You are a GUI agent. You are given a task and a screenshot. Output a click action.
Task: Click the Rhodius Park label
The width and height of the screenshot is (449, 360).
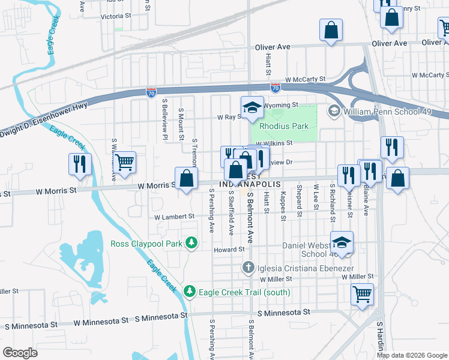(284, 126)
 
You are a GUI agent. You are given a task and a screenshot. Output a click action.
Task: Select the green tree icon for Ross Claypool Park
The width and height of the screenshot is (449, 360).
(191, 243)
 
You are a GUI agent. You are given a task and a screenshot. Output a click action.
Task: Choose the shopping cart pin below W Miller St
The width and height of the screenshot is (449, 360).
(363, 295)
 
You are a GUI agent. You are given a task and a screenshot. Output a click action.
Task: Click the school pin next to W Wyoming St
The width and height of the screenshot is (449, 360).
(253, 108)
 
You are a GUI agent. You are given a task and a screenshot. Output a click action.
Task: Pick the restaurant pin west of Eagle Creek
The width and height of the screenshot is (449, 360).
(80, 164)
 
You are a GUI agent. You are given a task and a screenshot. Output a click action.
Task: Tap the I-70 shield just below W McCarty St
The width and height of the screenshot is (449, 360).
(275, 88)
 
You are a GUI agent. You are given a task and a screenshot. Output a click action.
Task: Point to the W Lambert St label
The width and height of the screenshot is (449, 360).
(174, 217)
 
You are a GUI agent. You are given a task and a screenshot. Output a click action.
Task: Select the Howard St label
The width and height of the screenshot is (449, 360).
(231, 249)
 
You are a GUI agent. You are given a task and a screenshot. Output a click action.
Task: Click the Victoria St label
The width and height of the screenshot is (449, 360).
(116, 16)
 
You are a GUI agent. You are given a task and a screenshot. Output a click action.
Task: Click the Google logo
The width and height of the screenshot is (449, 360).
(20, 353)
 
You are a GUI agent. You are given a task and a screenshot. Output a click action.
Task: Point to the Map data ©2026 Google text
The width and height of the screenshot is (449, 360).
(412, 355)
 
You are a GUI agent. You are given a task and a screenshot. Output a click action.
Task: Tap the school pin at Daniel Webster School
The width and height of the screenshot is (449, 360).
(342, 242)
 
